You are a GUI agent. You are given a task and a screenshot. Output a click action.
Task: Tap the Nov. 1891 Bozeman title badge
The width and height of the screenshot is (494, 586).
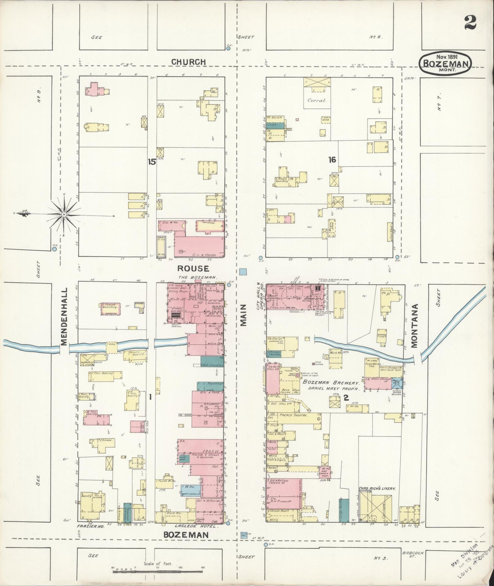[x=446, y=62]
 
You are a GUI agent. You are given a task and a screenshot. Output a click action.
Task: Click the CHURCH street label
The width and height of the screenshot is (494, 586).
[x=188, y=62]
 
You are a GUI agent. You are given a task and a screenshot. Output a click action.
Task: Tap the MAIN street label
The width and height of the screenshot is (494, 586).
[x=243, y=317]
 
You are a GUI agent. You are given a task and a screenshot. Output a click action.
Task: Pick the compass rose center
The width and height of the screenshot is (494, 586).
[x=64, y=214]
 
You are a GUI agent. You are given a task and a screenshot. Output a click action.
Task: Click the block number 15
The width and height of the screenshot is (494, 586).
[x=152, y=162]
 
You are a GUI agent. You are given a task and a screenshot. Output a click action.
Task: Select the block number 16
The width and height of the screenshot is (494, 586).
[x=332, y=159]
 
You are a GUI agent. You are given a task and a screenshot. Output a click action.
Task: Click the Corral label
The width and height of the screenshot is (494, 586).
[x=317, y=101]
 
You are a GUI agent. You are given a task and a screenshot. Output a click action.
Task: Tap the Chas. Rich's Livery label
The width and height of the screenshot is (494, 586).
[x=377, y=489]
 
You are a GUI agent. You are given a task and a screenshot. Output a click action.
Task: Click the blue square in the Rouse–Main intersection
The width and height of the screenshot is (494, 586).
[x=243, y=271]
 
